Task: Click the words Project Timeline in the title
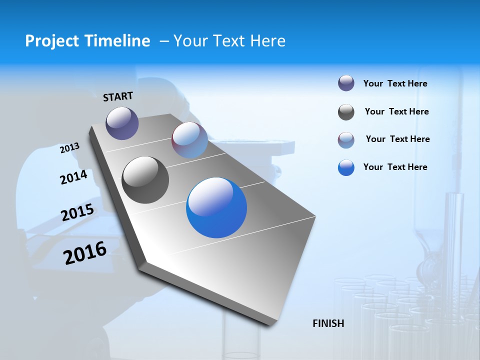87,41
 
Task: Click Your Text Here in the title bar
229,41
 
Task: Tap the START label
118,96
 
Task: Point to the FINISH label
328,323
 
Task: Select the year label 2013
69,148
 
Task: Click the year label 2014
73,177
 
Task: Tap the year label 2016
85,253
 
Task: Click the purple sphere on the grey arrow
122,123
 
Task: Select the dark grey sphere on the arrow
145,180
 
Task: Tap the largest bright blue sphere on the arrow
216,207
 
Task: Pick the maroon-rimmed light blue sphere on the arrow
189,140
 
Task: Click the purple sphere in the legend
346,83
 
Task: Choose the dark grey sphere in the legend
346,112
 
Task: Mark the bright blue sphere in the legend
346,167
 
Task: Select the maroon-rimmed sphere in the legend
346,140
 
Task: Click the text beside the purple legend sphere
395,83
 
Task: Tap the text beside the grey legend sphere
396,111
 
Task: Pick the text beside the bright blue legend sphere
395,167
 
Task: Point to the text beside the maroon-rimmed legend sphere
397,139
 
